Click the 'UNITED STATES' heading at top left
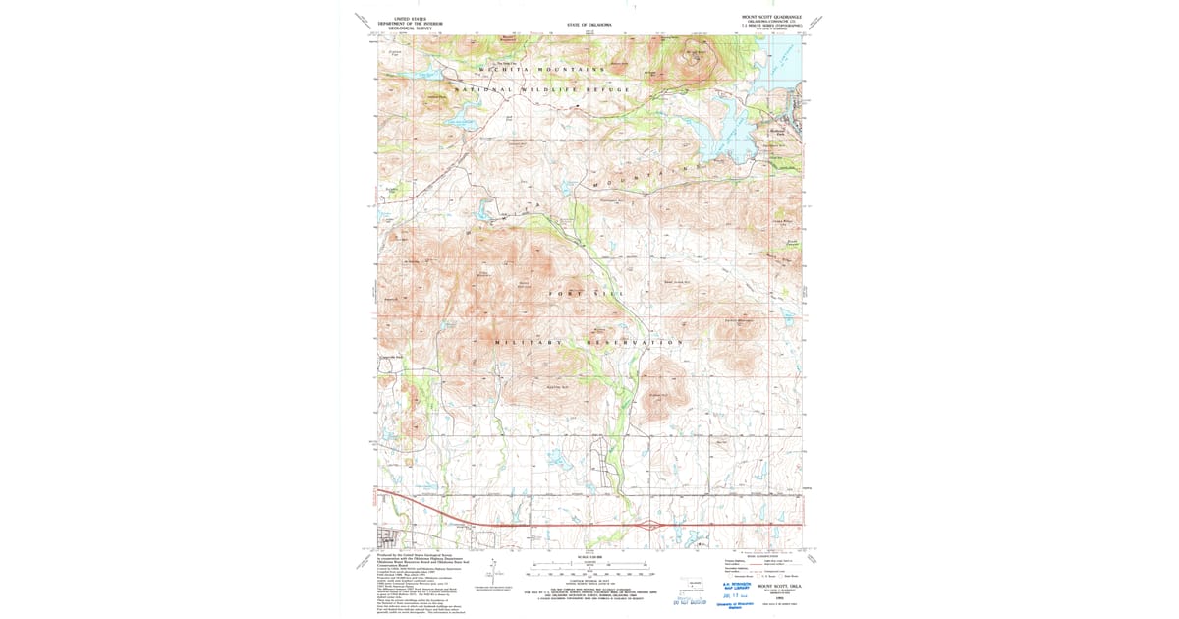tap(412, 18)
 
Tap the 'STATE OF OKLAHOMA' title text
tap(589, 24)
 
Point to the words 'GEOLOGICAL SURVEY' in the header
tap(412, 29)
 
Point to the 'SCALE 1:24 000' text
tap(589, 555)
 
